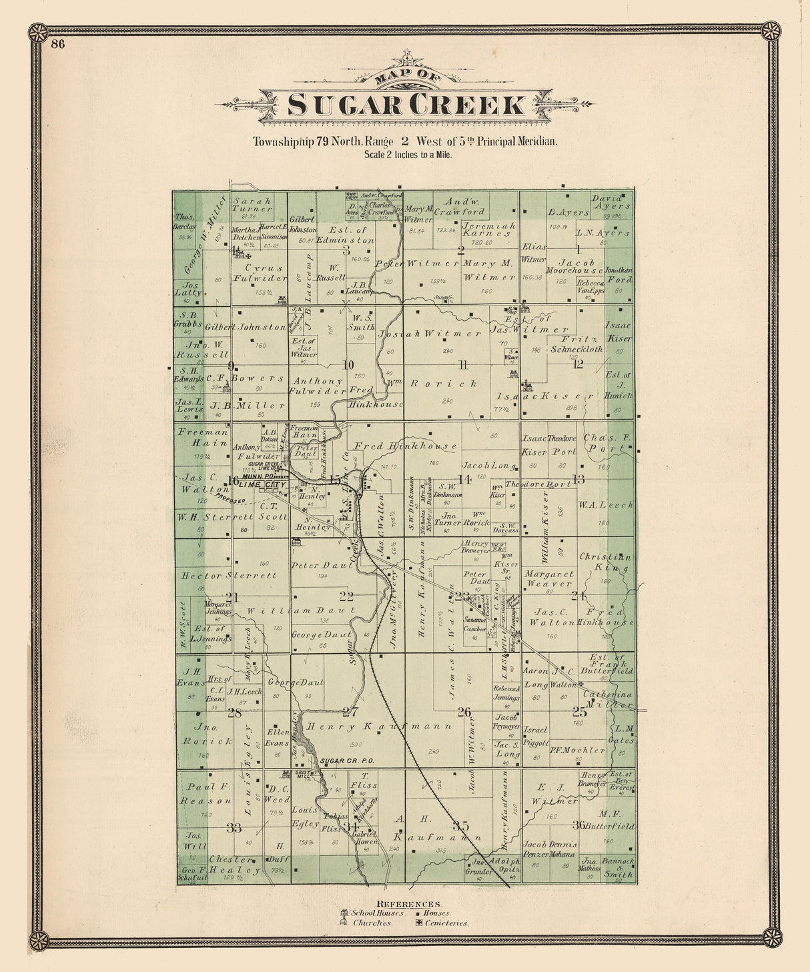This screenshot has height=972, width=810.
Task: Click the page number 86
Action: click(57, 45)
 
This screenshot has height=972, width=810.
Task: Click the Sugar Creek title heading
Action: click(406, 105)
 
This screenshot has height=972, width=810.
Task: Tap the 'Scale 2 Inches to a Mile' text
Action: click(408, 155)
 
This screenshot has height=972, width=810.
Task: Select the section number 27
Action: click(351, 711)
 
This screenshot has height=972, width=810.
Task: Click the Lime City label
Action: click(265, 485)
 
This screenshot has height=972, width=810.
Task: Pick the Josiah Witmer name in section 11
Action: click(430, 333)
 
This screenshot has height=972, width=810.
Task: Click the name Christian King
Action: click(605, 562)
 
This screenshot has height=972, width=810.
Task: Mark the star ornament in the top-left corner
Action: click(38, 32)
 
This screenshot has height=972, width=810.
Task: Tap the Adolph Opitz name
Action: click(504, 866)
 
